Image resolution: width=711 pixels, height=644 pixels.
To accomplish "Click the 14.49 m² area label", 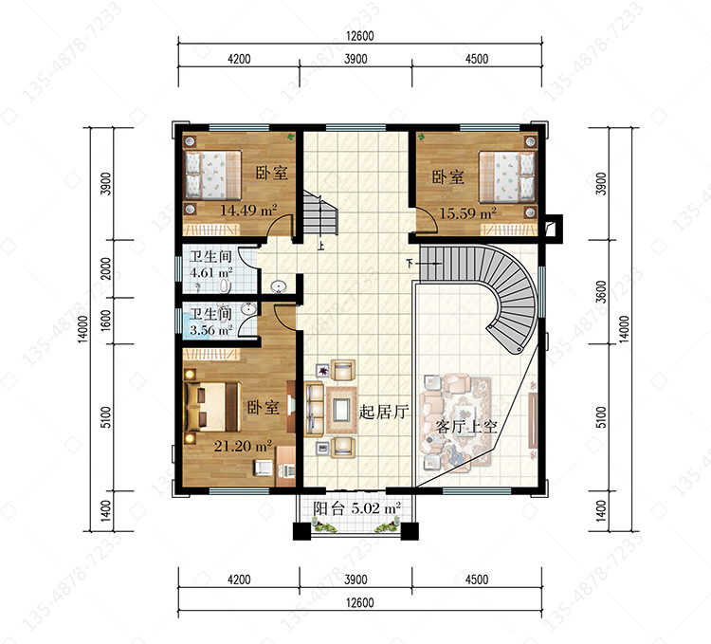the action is tap(248, 210).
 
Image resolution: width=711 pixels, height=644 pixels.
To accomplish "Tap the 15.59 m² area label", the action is tap(467, 213).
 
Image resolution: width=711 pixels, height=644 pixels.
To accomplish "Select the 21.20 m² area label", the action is tap(243, 447).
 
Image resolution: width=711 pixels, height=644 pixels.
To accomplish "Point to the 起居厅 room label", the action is tap(384, 412).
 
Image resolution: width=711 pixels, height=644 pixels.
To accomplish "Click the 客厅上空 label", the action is tap(466, 427).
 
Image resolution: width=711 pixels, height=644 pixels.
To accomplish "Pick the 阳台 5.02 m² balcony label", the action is tap(356, 508).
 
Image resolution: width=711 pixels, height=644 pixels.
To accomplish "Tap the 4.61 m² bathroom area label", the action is tap(210, 273).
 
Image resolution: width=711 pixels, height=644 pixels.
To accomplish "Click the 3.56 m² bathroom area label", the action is tap(210, 330).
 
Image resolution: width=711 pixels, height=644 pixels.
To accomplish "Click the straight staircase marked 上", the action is tap(320, 213).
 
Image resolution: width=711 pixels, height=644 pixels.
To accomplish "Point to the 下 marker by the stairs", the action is tap(410, 263).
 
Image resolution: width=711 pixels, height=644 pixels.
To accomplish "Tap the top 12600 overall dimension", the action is tap(360, 36).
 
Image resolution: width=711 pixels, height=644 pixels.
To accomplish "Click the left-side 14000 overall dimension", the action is tap(82, 329).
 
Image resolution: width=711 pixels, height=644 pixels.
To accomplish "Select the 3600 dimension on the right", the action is tap(600, 291).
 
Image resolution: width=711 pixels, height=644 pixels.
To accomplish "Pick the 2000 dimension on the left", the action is tap(105, 268).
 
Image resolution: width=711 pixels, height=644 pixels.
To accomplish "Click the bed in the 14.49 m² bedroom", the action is tap(212, 175).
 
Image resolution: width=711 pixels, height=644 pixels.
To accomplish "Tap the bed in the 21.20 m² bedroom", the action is tap(211, 407).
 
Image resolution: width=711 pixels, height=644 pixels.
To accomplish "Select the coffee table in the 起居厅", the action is tap(341, 409).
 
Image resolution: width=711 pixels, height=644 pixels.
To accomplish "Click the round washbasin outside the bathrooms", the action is tap(279, 286).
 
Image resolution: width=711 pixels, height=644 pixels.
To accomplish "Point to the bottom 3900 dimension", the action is tap(355, 580).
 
